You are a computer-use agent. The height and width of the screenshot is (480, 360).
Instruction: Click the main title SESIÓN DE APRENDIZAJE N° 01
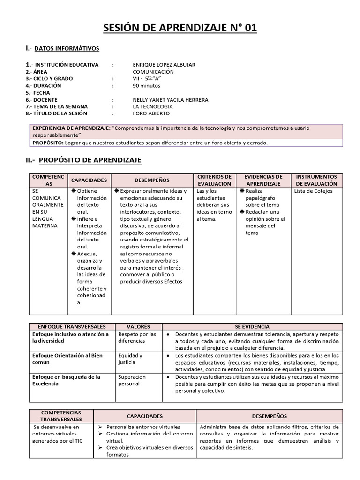pyautogui.click(x=180, y=29)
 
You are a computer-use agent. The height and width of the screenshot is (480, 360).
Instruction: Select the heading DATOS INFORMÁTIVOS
pyautogui.click(x=67, y=48)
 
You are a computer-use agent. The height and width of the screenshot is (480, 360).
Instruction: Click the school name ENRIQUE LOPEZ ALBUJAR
pyautogui.click(x=164, y=65)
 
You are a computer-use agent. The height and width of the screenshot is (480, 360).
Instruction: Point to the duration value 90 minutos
pyautogui.click(x=146, y=86)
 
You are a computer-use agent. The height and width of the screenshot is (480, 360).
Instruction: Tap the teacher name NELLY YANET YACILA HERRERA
pyautogui.click(x=171, y=100)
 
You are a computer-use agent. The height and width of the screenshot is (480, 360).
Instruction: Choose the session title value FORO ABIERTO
pyautogui.click(x=151, y=113)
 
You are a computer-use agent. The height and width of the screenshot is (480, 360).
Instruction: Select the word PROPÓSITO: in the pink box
pyautogui.click(x=47, y=142)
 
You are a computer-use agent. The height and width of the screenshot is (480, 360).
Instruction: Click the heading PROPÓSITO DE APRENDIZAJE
pyautogui.click(x=90, y=160)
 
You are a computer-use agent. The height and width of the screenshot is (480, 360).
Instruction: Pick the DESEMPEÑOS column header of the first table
pyautogui.click(x=152, y=180)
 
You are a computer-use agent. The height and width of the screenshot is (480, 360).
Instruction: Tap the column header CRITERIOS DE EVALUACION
pyautogui.click(x=214, y=180)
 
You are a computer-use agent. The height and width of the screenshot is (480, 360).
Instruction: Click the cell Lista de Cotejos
pyautogui.click(x=313, y=191)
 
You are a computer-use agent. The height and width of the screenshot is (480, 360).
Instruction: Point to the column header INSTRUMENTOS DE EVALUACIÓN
pyautogui.click(x=316, y=180)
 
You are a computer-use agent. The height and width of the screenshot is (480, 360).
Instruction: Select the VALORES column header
pyautogui.click(x=138, y=326)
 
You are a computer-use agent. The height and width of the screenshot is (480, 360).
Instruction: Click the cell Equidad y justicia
pyautogui.click(x=130, y=359)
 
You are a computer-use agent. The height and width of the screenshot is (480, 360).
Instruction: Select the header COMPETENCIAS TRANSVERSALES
pyautogui.click(x=61, y=416)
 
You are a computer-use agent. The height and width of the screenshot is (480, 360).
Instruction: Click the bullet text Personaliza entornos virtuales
pyautogui.click(x=143, y=427)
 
